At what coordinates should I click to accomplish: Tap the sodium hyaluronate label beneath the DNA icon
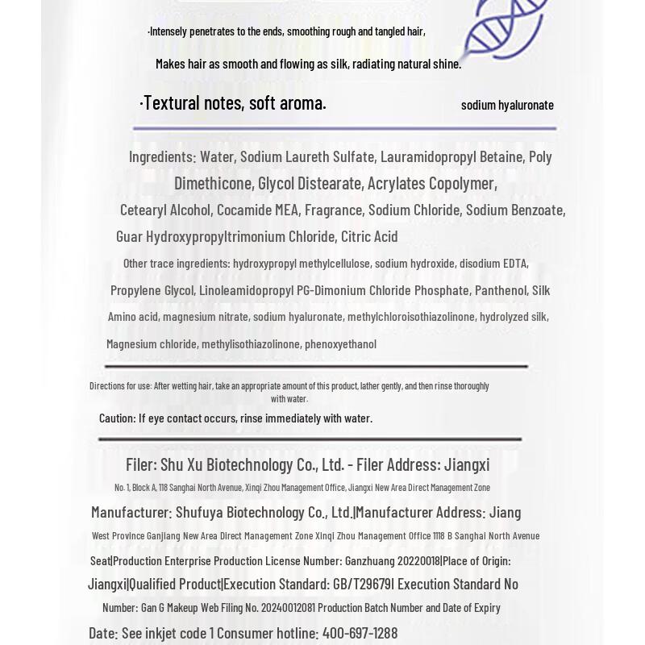[507, 105]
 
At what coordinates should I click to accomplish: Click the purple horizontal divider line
[344, 128]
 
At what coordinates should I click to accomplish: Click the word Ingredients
[162, 156]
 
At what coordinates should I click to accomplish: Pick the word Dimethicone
[213, 184]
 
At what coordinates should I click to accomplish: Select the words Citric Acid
[369, 236]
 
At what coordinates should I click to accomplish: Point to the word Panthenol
[501, 290]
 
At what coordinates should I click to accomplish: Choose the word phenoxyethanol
[340, 344]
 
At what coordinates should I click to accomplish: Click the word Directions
[106, 386]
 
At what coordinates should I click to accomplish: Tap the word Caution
[117, 418]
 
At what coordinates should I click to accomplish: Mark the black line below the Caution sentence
[310, 439]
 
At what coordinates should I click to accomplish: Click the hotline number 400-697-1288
[360, 634]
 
